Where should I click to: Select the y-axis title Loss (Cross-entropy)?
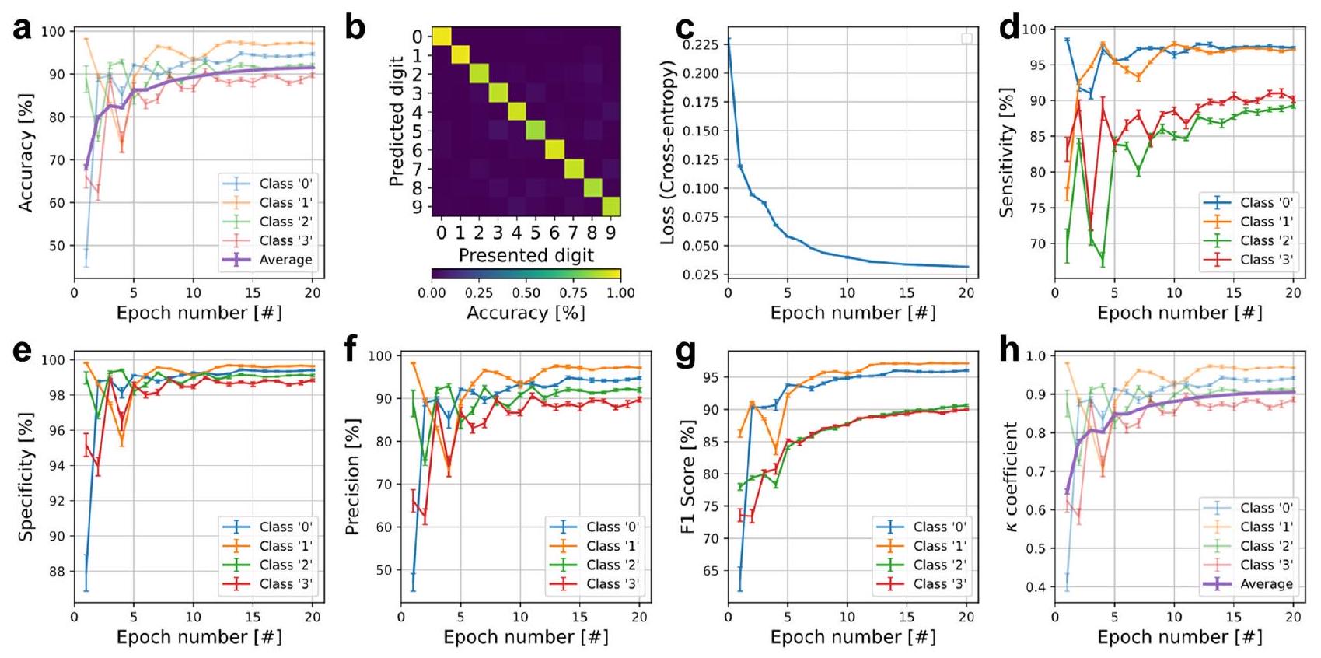click(x=667, y=153)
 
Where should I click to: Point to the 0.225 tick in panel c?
click(x=701, y=45)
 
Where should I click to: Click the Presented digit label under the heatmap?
click(x=526, y=255)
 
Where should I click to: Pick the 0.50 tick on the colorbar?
click(x=526, y=292)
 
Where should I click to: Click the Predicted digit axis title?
click(x=397, y=121)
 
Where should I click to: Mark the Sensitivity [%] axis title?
click(x=1007, y=152)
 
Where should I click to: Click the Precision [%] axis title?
click(x=352, y=476)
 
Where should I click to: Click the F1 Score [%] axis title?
click(x=687, y=477)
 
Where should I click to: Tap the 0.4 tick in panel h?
click(x=1035, y=587)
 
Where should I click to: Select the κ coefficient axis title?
click(x=1011, y=477)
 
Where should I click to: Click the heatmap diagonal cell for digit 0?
click(x=441, y=36)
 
